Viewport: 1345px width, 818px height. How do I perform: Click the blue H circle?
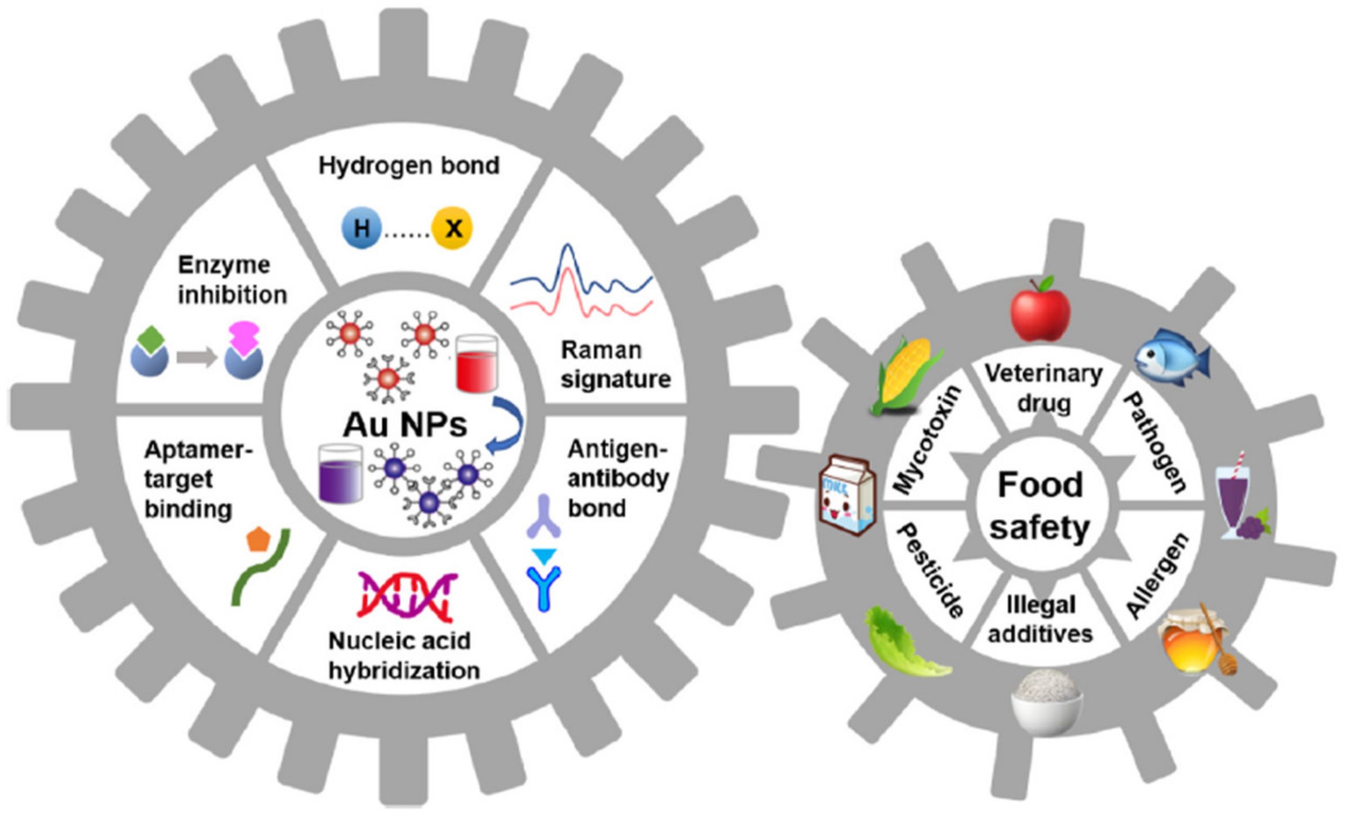362,229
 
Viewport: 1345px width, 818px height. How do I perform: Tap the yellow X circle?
452,229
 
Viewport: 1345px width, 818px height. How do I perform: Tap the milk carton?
847,495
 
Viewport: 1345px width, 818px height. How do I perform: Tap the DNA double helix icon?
407,595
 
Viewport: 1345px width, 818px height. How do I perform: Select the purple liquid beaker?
340,474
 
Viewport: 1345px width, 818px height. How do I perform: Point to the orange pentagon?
259,540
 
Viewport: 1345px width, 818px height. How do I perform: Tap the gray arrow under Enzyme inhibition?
196,357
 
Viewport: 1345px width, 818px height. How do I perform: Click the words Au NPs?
405,425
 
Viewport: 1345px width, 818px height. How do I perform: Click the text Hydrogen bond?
409,166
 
